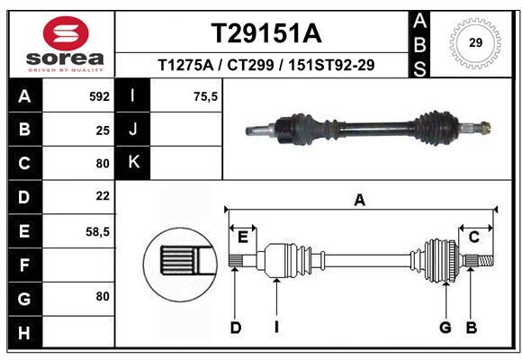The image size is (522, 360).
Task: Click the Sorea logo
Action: (66, 44)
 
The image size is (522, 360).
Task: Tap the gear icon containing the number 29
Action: (475, 41)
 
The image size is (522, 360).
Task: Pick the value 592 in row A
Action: (99, 95)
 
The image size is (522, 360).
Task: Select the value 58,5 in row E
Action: (97, 231)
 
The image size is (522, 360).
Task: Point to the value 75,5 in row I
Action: (206, 95)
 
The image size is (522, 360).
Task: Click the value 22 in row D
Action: (103, 196)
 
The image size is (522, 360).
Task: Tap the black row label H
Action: (23, 333)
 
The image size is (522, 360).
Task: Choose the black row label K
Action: (133, 163)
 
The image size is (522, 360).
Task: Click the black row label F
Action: (23, 265)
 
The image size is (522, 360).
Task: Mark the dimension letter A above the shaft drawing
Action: (359, 200)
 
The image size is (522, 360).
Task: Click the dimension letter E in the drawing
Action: (242, 237)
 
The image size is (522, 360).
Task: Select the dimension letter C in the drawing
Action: (473, 237)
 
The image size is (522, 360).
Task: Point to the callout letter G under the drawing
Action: (445, 328)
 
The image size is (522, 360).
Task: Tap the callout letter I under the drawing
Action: (276, 328)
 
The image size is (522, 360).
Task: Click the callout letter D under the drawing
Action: (235, 328)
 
